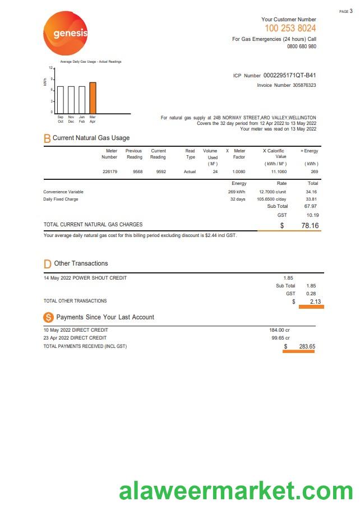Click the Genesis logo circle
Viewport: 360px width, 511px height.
coord(66,34)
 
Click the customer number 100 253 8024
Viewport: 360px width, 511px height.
coord(290,28)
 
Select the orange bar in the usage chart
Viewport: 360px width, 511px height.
coord(93,98)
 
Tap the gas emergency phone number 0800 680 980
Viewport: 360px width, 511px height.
coord(301,47)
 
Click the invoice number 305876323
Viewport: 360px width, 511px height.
coord(304,85)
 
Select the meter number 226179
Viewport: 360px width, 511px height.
coord(110,171)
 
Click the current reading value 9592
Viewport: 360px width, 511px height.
coord(161,171)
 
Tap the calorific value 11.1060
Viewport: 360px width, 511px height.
coord(279,171)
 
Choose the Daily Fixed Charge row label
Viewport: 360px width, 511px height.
coord(61,199)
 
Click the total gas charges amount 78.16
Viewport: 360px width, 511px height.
coord(310,226)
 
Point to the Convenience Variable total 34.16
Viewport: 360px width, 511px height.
coord(311,192)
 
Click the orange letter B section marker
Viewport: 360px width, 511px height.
coord(47,138)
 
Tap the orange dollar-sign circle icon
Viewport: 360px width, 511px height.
coord(48,317)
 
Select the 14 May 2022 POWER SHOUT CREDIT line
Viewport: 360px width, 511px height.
coord(85,278)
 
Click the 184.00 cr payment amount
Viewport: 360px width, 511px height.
coord(279,330)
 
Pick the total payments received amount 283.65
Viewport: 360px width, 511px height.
coord(307,347)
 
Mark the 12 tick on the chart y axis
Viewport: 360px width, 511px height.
coord(50,68)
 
